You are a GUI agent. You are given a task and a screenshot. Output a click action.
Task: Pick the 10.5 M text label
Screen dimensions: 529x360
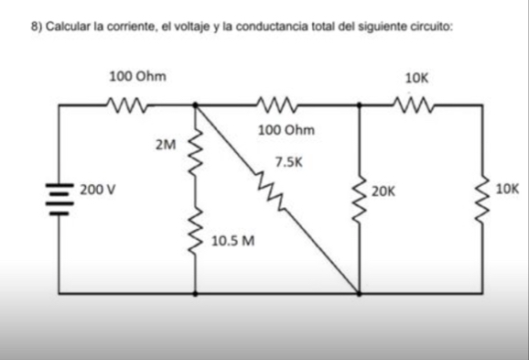232,242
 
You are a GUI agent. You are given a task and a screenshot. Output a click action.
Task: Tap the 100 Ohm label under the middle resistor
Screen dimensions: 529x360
286,130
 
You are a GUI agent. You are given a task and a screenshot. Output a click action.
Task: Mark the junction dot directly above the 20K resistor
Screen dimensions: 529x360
360,106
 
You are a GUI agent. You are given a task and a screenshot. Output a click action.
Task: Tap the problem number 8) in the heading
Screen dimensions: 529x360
37,29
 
